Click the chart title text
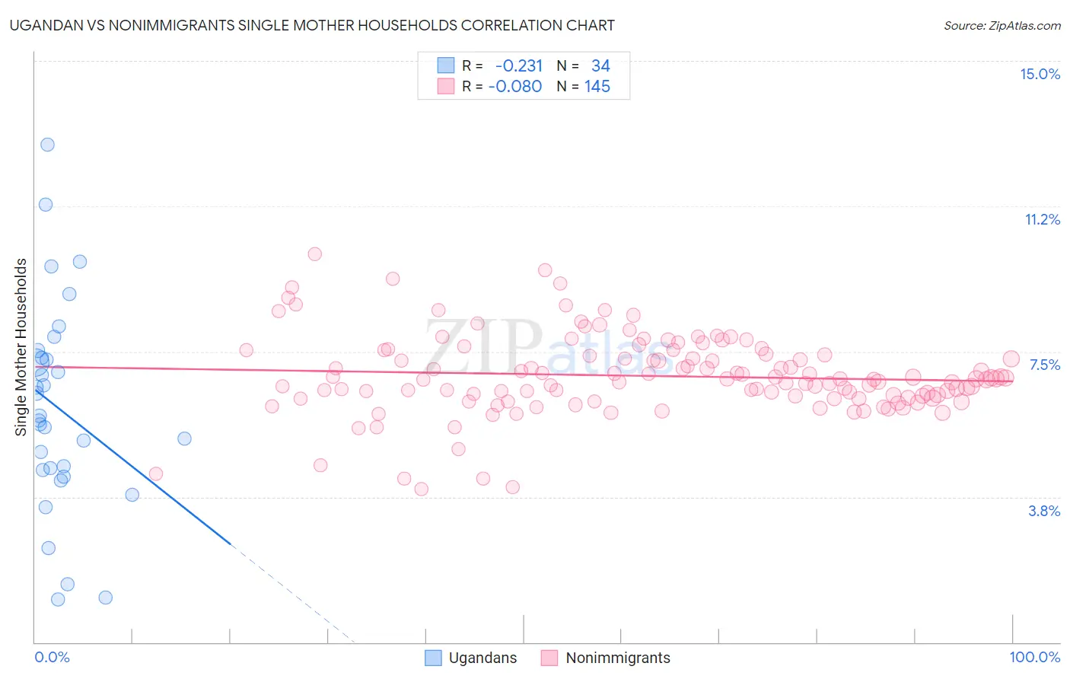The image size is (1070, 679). point(312,25)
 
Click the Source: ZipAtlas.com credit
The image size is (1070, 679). point(1002,25)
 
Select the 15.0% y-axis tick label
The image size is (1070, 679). point(1040,74)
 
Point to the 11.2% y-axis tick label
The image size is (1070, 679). point(1042,219)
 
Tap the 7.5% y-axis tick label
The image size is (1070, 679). point(1044,365)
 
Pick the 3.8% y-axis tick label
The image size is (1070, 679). point(1044,511)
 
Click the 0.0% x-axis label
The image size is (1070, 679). point(52,657)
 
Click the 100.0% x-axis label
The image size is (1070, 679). point(1034,657)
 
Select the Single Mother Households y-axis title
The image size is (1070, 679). point(21,347)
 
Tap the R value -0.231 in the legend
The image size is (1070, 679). point(519,66)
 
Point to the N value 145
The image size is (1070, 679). point(597,87)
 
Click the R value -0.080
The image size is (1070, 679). point(515,87)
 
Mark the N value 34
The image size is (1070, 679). point(600,66)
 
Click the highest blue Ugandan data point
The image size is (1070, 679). point(47,145)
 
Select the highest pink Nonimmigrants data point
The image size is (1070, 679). point(314,254)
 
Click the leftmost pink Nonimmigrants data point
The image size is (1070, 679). point(156,473)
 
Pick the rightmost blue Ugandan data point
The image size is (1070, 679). point(184,438)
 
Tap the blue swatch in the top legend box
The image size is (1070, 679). point(445,65)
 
